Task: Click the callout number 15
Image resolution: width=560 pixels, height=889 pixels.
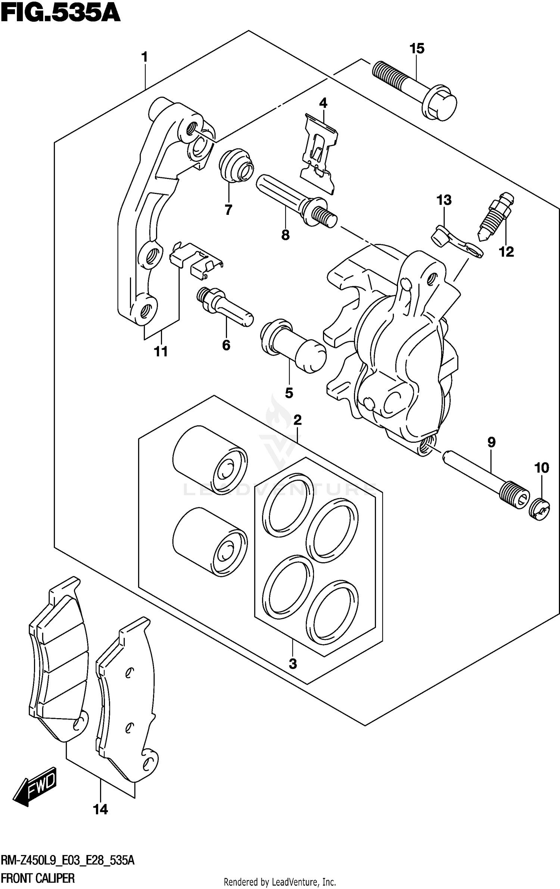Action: [x=417, y=48]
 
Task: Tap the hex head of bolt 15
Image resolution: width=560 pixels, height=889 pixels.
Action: [x=441, y=104]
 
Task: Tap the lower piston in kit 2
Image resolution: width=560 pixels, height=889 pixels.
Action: [x=210, y=543]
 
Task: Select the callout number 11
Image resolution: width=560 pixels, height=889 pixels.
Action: [x=161, y=351]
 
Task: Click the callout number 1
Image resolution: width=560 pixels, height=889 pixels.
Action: [x=144, y=57]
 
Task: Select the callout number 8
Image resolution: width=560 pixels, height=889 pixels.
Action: [x=285, y=235]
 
